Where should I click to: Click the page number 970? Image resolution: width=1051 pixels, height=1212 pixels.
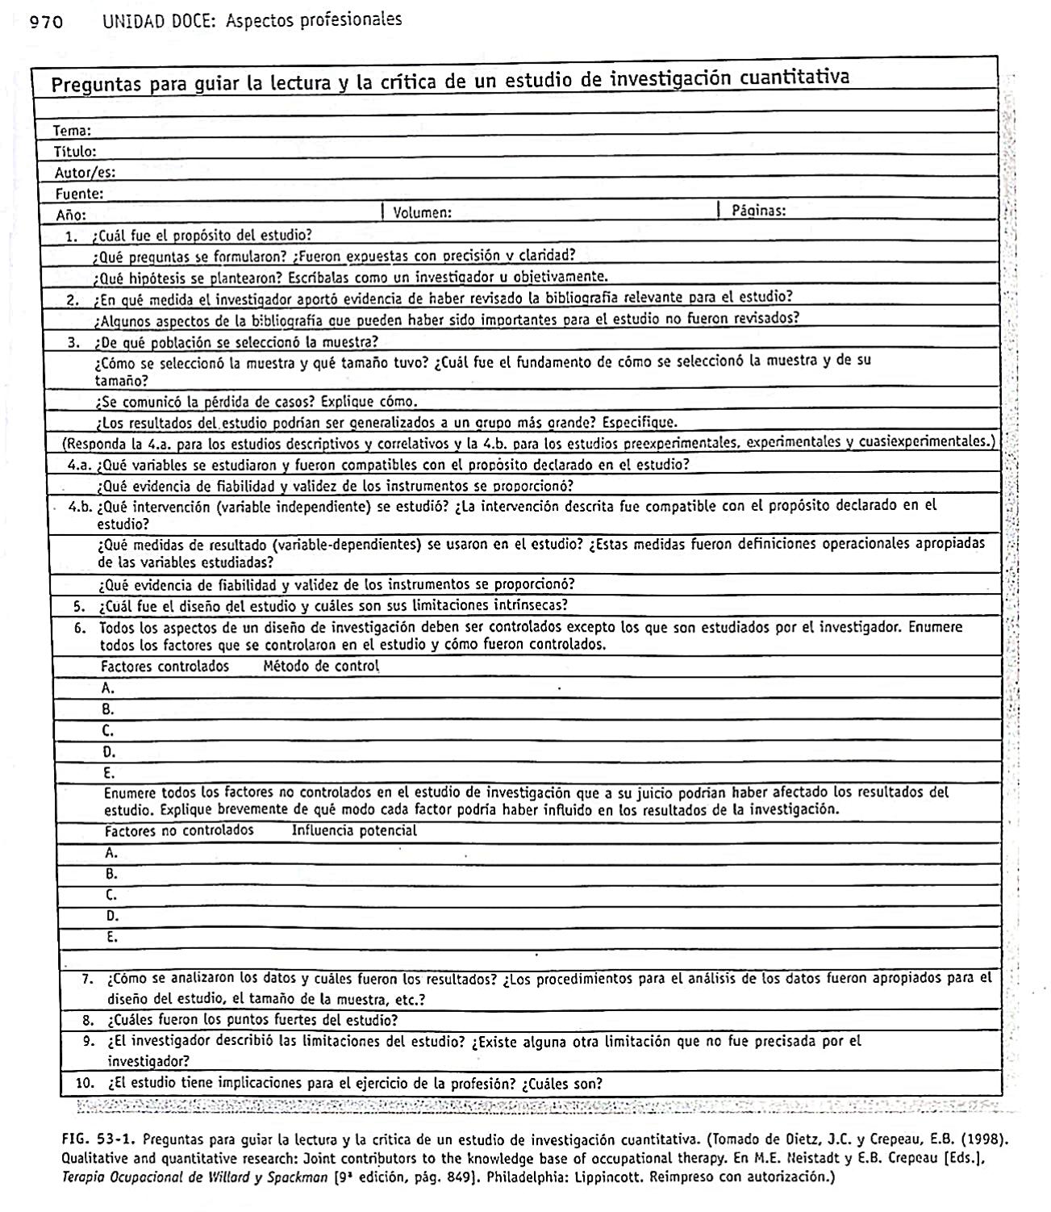(x=46, y=22)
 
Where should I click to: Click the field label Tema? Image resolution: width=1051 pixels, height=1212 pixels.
(x=72, y=131)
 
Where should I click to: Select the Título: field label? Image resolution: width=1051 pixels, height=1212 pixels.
(x=75, y=152)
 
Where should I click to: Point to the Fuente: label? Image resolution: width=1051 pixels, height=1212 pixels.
(x=79, y=194)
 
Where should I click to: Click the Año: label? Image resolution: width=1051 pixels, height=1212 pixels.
(x=71, y=215)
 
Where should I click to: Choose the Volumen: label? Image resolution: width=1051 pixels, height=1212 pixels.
(x=421, y=213)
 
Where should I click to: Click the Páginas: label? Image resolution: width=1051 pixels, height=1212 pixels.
(x=758, y=211)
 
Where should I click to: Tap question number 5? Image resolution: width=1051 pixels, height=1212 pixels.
(x=79, y=607)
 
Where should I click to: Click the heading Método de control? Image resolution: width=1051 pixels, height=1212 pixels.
(x=321, y=667)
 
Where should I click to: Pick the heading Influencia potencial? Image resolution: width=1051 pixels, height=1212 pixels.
(x=354, y=830)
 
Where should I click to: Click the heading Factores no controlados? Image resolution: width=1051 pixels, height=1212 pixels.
(x=179, y=830)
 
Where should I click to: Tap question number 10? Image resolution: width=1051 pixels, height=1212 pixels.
(x=85, y=1084)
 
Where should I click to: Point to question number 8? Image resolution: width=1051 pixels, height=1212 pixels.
(x=89, y=1020)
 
